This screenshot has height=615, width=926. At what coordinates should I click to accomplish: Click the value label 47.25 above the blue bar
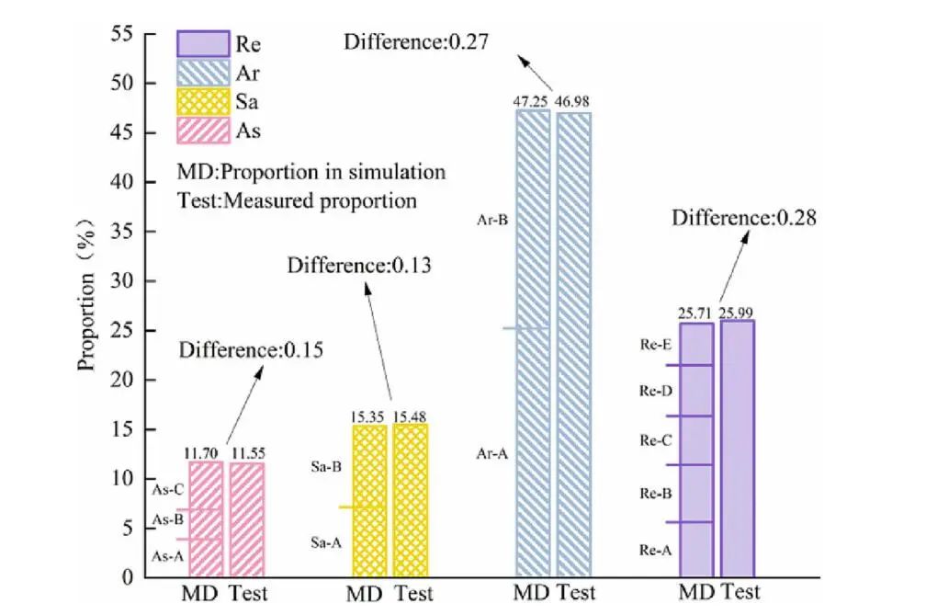pos(533,101)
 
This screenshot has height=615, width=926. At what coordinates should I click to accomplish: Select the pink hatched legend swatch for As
pos(202,130)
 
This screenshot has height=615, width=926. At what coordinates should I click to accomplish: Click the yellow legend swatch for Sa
pos(202,100)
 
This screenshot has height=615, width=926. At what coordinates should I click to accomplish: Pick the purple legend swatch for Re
pos(202,43)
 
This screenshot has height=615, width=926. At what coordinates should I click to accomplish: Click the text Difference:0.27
pos(414,41)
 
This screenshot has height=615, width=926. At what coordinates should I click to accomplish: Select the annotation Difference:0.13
pos(359,267)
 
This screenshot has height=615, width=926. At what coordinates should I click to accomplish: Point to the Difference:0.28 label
pos(744,219)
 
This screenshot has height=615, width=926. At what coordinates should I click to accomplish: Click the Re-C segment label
pos(656,440)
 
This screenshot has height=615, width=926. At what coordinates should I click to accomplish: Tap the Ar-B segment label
pos(486,220)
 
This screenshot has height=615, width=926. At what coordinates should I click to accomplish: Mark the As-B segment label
pos(168,519)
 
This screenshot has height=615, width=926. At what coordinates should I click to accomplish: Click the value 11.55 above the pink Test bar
pos(247,453)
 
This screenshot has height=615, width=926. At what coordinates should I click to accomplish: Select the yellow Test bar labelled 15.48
pos(411,500)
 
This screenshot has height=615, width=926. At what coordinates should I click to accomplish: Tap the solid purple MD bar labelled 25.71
pos(696,450)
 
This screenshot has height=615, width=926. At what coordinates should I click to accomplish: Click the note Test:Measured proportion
pos(298,199)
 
